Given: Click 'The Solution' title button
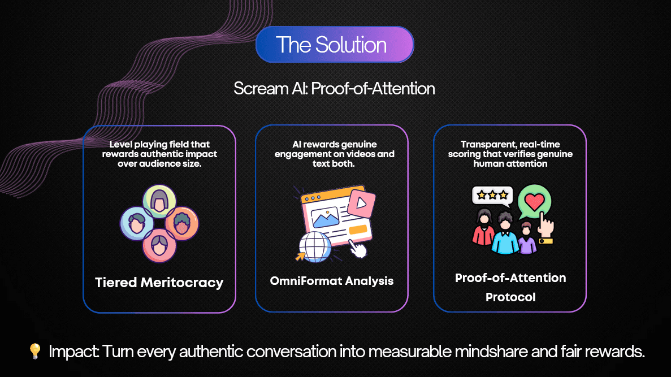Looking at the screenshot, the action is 335,45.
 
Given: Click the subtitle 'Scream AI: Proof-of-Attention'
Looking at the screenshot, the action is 334,89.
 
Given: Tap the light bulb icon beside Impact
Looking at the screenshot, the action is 35,351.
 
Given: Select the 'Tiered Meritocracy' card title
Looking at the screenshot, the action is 159,283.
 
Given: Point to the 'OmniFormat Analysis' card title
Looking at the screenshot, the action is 332,281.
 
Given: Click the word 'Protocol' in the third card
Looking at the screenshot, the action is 510,297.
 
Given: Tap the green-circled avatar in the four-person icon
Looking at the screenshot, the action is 159,200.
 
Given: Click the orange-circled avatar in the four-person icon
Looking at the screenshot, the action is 182,223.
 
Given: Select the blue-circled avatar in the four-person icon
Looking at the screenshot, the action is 136,223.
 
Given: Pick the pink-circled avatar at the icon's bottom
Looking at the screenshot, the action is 159,246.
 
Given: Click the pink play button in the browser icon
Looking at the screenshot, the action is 362,203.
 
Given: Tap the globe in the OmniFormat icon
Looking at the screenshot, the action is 315,247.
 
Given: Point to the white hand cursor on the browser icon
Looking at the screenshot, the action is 358,249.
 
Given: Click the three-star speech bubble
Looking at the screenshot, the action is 492,196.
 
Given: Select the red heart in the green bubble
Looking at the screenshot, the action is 535,202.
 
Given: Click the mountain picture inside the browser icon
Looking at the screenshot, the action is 325,218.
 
